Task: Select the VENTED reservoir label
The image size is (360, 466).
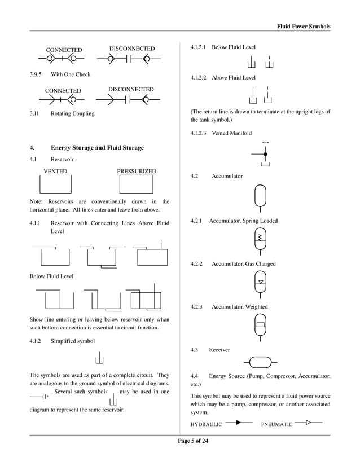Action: coord(55,171)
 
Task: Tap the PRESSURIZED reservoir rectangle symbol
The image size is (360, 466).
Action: coord(136,184)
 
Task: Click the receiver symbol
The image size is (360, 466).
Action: coord(260,362)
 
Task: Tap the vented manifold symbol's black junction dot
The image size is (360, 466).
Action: coord(265,153)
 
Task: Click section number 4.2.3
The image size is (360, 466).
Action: coord(199,307)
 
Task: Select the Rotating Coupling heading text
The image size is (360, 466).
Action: coord(73,113)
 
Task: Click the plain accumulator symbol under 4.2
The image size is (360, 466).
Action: coord(260,196)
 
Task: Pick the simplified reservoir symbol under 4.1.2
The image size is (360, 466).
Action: coord(99,358)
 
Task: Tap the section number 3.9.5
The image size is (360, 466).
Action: coord(36,74)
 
